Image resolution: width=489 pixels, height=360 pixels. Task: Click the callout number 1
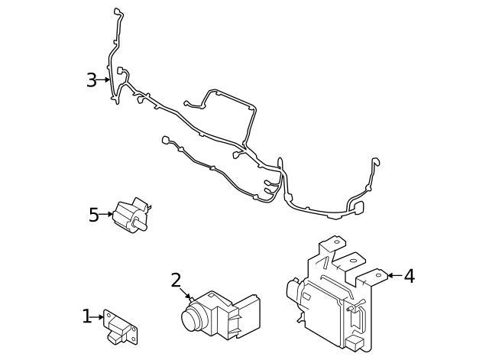(x=87, y=316)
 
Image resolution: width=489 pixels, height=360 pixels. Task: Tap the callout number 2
(x=176, y=281)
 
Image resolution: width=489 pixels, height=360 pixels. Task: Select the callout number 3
(x=92, y=80)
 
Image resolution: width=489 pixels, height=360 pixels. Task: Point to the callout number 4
(x=409, y=276)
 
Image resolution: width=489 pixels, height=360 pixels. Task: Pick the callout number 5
(x=94, y=215)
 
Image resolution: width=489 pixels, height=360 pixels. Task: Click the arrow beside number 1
(x=99, y=316)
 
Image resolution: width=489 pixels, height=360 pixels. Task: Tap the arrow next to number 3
(x=105, y=79)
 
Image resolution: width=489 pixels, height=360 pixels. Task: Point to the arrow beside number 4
(x=393, y=275)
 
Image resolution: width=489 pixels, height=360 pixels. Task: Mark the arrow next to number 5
(x=108, y=215)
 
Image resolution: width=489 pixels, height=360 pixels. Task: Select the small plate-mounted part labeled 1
(x=121, y=327)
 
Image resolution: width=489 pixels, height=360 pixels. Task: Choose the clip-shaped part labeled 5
(x=132, y=213)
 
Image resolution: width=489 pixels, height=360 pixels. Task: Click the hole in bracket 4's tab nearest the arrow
(x=377, y=275)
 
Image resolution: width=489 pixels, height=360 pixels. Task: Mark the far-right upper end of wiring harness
(x=374, y=161)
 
